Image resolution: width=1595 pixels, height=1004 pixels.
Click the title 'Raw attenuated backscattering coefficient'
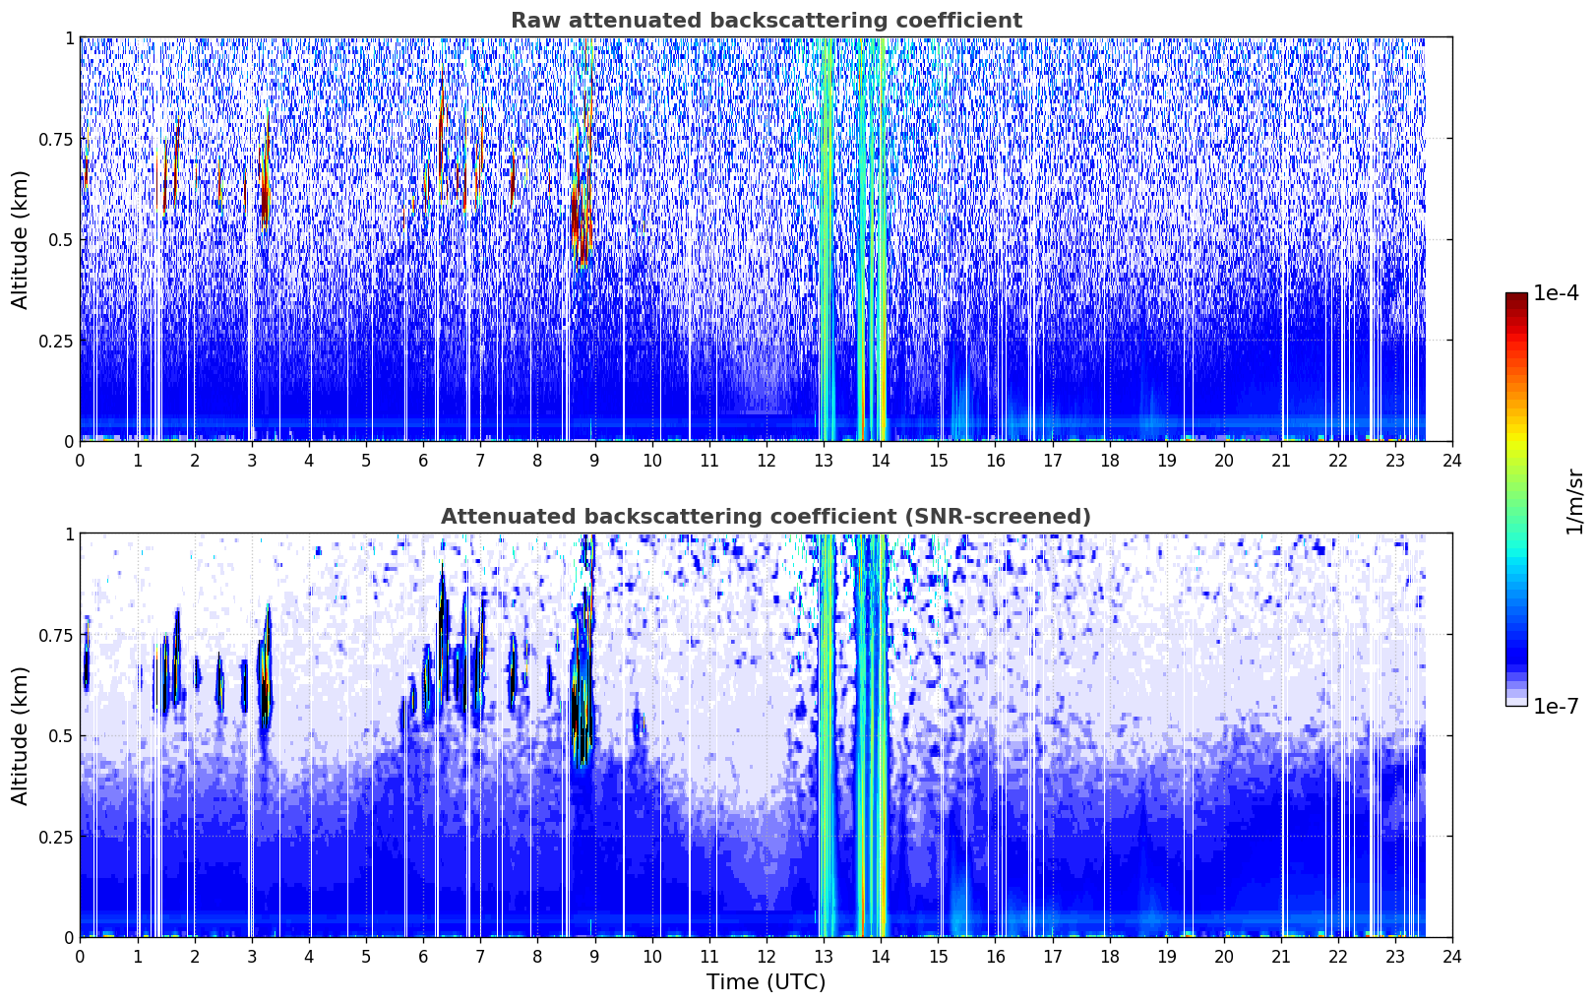click(767, 20)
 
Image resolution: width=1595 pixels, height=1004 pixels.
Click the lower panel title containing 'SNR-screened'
click(766, 516)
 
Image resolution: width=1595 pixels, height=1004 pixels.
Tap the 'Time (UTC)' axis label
click(767, 982)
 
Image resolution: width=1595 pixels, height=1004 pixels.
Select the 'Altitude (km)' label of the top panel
click(20, 240)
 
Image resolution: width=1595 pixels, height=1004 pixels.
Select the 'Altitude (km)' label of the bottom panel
click(20, 736)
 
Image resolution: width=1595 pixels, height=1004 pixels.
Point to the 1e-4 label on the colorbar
click(1555, 292)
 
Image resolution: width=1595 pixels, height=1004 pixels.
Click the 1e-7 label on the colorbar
click(1555, 707)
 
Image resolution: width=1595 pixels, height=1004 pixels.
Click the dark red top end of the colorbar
click(1516, 297)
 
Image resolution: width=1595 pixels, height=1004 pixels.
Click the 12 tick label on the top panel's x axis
click(767, 461)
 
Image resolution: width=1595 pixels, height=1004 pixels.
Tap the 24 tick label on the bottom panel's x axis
click(1452, 957)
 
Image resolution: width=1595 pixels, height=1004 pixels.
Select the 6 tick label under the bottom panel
click(423, 957)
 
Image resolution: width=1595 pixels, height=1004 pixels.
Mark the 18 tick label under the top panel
click(1109, 461)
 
